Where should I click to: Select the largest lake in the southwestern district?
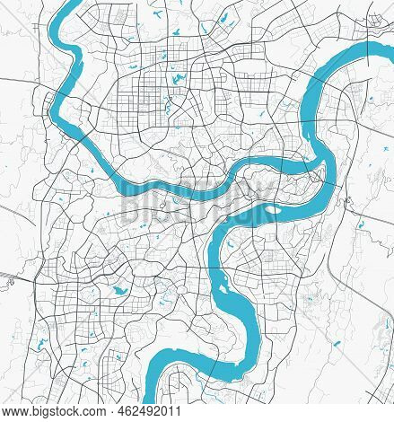[x=118, y=290]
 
